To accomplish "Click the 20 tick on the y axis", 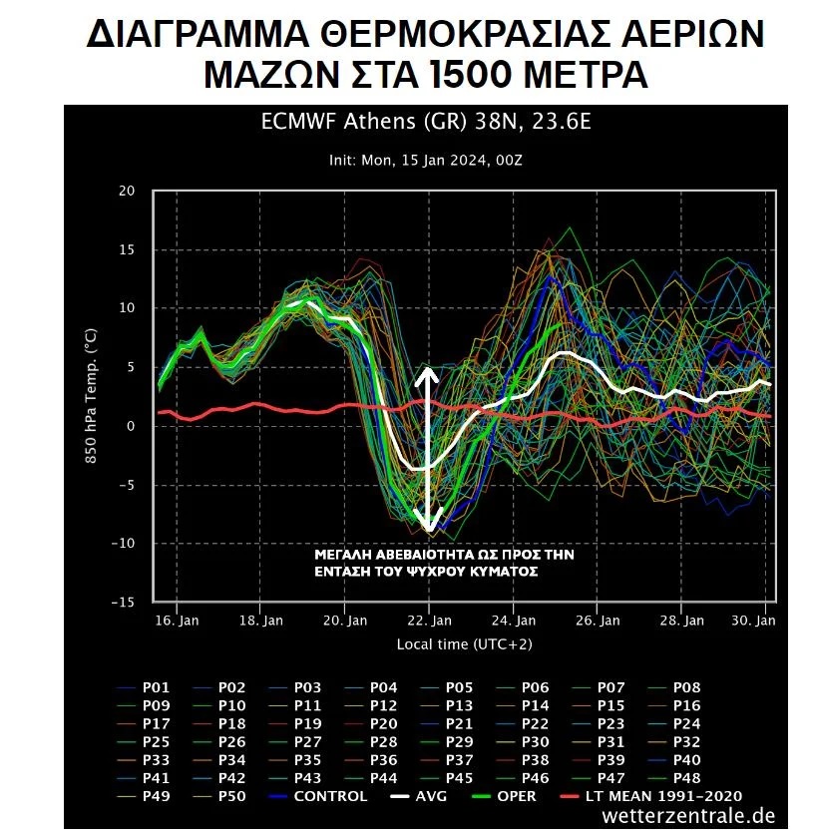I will [127, 191].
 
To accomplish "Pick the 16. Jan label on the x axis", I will [176, 621].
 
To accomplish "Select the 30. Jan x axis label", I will [756, 621].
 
